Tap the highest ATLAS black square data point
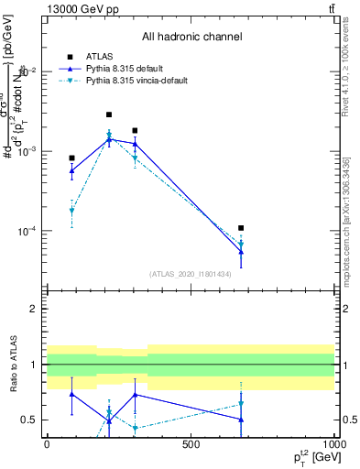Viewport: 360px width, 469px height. (109, 115)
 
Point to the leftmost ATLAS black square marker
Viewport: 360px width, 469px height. (71, 158)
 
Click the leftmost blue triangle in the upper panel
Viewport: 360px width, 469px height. (71, 170)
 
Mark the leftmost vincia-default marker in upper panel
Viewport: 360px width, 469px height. (71, 212)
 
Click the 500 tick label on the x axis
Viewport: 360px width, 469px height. (191, 444)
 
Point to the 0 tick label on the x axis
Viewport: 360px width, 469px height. (47, 444)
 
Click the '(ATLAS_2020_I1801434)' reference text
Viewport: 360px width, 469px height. (191, 274)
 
